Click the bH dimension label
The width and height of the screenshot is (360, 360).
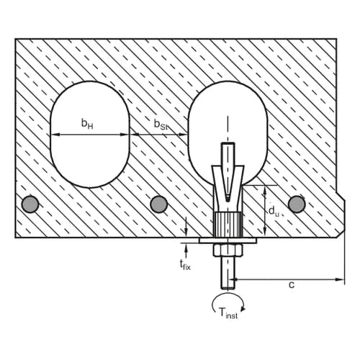pyautogui.click(x=87, y=124)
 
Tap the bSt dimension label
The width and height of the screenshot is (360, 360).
pyautogui.click(x=161, y=124)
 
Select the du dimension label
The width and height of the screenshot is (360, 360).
pyautogui.click(x=274, y=211)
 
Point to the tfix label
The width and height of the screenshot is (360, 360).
pyautogui.click(x=185, y=265)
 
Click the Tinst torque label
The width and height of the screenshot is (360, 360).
pyautogui.click(x=228, y=313)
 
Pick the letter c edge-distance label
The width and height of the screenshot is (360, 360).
pyautogui.click(x=292, y=285)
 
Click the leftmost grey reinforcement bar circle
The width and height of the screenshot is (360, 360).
pyautogui.click(x=30, y=204)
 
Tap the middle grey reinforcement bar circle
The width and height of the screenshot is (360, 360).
pyautogui.click(x=158, y=204)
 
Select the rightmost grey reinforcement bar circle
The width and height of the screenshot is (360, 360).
pyautogui.click(x=297, y=204)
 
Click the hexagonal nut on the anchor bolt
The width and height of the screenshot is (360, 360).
pyautogui.click(x=228, y=250)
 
